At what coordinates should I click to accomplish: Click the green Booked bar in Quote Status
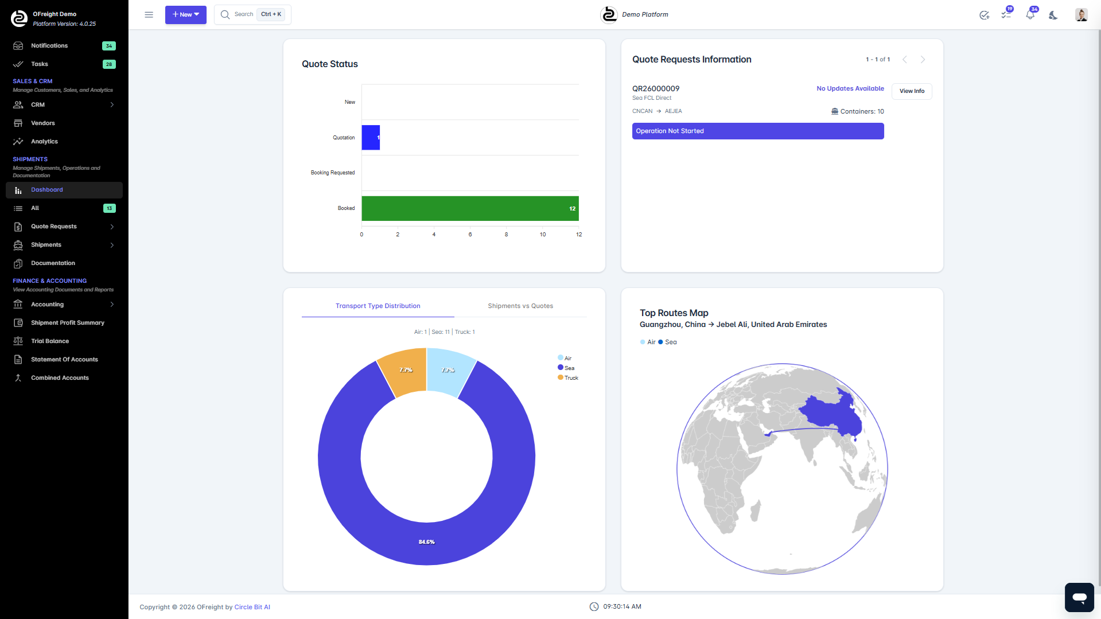[469, 208]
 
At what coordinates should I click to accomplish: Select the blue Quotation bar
[370, 138]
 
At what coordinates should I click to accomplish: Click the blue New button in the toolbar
[185, 14]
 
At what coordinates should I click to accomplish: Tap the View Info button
[911, 91]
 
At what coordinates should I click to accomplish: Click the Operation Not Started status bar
[757, 131]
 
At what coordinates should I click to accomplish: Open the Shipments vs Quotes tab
[520, 306]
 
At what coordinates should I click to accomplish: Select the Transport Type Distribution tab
[378, 306]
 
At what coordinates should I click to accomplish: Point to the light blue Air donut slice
[449, 372]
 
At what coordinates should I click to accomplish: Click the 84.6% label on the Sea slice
[426, 542]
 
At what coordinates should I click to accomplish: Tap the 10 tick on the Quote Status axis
[542, 235]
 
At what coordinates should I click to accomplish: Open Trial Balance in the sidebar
[50, 341]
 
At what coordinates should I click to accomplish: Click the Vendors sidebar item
[43, 123]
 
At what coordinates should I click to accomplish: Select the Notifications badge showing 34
[108, 46]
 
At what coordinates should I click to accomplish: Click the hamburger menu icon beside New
[149, 14]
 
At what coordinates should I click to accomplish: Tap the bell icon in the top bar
[1030, 15]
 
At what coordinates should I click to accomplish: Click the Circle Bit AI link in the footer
[252, 607]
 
